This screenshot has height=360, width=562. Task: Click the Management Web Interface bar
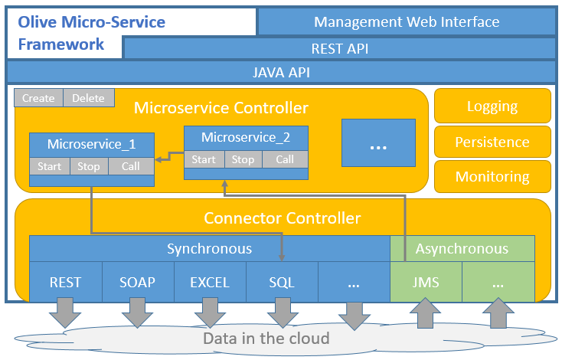coord(407,22)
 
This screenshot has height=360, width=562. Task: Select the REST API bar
coord(339,49)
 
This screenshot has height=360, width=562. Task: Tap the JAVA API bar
coord(281,73)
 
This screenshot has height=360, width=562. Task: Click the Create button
coord(38,98)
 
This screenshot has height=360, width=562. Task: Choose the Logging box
coord(492,106)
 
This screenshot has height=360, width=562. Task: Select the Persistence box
coord(492,142)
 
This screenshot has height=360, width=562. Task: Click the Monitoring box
coord(492,176)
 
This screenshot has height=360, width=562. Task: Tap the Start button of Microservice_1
coord(50,166)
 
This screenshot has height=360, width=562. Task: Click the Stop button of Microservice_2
coord(243,159)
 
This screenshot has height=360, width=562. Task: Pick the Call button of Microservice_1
coord(130,166)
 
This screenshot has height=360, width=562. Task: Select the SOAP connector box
coord(138,282)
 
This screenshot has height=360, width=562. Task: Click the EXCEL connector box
coord(210,282)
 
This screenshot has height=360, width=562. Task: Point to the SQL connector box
coord(282,282)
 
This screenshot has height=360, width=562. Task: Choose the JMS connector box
coord(426,282)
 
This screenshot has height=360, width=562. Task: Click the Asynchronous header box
coord(462,248)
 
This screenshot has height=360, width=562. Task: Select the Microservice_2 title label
coord(246,138)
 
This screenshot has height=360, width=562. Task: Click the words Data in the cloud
coord(266,339)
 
